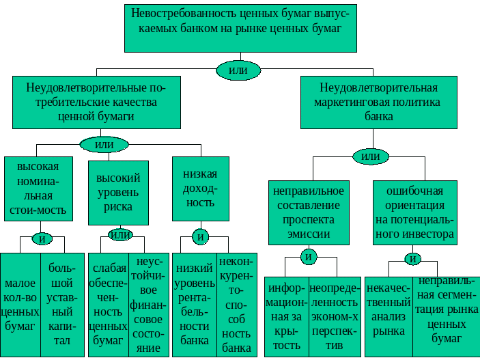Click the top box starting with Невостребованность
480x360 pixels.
pos(240,28)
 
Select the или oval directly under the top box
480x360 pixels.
pos(238,70)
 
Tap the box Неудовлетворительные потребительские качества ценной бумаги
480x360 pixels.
pos(96,102)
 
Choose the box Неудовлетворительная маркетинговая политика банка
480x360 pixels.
pos(379,102)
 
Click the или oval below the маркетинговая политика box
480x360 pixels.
pos(371,156)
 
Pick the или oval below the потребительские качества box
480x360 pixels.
pos(104,144)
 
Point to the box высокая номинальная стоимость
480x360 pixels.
pos(38,189)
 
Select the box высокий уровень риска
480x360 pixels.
pos(119,193)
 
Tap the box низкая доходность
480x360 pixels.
pos(201,189)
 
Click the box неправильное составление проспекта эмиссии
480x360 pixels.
pos(309,212)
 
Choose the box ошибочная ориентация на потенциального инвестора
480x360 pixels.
pos(415,212)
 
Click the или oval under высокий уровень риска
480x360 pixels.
pos(120,235)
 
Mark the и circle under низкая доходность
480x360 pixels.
pos(201,237)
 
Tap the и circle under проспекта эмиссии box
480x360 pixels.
pos(309,257)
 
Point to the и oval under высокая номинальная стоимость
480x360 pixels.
pos(42,238)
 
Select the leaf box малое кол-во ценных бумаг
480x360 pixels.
pos(20,305)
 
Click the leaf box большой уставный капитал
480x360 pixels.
pos(62,305)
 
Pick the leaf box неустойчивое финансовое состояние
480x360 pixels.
pos(149,305)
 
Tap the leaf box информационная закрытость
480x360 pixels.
pos(287,317)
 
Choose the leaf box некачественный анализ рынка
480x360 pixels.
pos(389,317)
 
